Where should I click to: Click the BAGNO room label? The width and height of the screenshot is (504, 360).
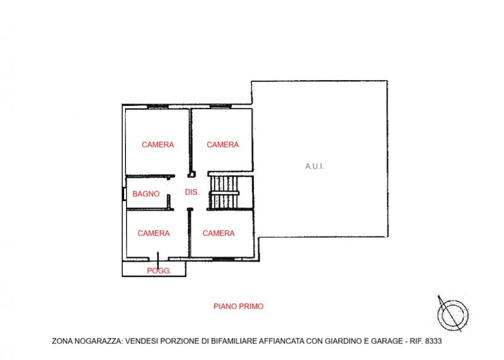(x=146, y=194)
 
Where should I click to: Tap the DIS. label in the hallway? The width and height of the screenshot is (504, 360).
(x=192, y=192)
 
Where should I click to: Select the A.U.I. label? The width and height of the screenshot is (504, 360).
(x=314, y=166)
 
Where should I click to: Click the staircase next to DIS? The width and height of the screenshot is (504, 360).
(x=224, y=192)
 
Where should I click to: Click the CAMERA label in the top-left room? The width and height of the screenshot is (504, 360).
(x=157, y=144)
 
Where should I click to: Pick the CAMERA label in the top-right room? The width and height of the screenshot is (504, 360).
(x=223, y=144)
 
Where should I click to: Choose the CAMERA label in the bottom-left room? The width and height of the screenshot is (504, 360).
(x=154, y=233)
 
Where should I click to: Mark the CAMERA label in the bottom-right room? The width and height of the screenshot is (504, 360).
(x=219, y=233)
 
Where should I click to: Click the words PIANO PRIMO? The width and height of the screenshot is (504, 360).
(x=239, y=306)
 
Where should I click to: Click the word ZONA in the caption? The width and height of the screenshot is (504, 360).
(x=63, y=341)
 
